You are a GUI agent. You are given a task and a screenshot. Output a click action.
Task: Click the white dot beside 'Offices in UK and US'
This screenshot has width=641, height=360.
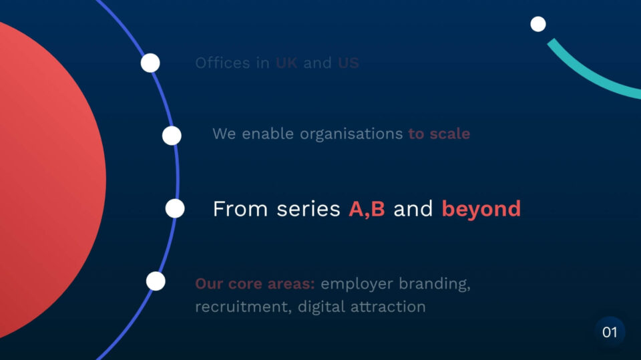(150, 63)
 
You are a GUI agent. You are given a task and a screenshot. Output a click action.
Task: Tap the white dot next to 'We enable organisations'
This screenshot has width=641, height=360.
(172, 136)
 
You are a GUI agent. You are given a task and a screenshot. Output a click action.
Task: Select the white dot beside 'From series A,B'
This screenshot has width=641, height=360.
(175, 208)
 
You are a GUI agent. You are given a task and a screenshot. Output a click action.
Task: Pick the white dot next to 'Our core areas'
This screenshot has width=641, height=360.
(156, 281)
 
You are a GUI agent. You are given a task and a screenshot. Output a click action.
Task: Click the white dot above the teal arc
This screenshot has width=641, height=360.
(538, 24)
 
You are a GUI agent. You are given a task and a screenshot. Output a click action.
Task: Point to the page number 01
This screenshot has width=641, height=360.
(610, 332)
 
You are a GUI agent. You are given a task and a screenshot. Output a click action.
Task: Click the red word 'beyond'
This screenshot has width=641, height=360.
(481, 209)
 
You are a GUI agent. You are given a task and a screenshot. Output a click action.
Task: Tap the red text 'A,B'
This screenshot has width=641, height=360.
(367, 209)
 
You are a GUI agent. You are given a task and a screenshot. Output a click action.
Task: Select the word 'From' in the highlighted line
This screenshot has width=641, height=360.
(240, 209)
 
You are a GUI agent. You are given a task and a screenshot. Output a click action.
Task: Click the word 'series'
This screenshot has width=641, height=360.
(308, 209)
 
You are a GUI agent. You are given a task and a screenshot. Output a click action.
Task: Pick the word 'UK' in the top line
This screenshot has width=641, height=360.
(286, 63)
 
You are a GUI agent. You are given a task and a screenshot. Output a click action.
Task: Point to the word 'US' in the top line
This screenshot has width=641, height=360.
(349, 63)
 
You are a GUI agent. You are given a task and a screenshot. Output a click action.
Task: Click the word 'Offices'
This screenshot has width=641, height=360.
(222, 63)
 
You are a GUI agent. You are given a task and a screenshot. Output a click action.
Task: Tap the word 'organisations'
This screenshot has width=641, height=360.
(352, 134)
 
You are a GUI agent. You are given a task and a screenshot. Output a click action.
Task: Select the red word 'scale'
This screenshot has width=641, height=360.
(449, 134)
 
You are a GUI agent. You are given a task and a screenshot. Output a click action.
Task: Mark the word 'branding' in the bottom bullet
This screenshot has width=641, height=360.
(435, 284)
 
